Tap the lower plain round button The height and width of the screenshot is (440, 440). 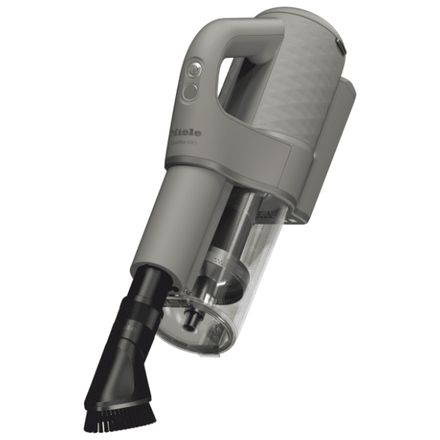tap(190, 92)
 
